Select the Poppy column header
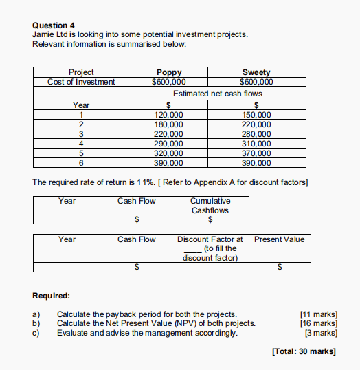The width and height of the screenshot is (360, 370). pos(169,72)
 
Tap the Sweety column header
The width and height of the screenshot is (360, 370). pos(256,72)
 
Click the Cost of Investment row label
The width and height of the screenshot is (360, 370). pos(81,82)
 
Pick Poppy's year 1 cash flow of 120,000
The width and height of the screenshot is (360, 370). pos(169,115)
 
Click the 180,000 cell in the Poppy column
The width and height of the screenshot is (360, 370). pos(169,124)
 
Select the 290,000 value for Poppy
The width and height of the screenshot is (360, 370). pos(169,144)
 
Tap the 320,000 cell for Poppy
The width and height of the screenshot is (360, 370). pos(169,153)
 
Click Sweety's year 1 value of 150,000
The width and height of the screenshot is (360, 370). pos(257,115)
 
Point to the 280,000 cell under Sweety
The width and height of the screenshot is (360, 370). pos(257,134)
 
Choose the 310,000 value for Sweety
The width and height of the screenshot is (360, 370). pos(257,144)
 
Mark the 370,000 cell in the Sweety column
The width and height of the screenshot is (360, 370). pos(257,153)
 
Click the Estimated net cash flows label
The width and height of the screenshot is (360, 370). pos(217,93)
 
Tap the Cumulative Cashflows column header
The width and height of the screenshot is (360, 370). pos(210,206)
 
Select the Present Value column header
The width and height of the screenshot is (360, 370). pos(279,239)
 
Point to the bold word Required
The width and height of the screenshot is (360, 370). pos(51,296)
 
